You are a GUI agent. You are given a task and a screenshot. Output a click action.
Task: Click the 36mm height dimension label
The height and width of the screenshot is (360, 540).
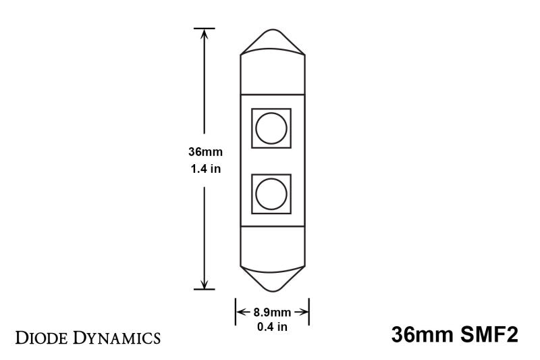[x=205, y=155]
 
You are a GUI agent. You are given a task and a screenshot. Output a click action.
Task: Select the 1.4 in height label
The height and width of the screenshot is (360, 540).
[x=205, y=170]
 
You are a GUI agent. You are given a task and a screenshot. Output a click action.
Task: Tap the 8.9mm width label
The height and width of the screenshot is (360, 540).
[x=272, y=312]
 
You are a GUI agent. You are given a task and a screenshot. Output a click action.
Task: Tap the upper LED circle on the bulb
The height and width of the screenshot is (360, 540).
[x=271, y=128]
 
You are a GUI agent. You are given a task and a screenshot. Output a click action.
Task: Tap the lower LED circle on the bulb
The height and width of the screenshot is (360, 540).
[x=271, y=194]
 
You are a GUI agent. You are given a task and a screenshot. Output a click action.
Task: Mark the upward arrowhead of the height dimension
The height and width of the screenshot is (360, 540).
[x=205, y=34]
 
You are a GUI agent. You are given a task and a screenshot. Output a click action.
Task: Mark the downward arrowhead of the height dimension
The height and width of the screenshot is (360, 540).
[x=205, y=284]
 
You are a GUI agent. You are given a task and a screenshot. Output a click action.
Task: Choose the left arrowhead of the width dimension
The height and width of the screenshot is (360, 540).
[x=238, y=312]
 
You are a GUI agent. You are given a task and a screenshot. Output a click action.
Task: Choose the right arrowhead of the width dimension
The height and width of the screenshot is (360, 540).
[x=306, y=312]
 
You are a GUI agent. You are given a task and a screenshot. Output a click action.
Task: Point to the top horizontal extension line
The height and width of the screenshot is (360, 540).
[x=205, y=28]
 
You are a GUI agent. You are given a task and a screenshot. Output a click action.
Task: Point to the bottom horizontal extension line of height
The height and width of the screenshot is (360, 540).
[x=205, y=290]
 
